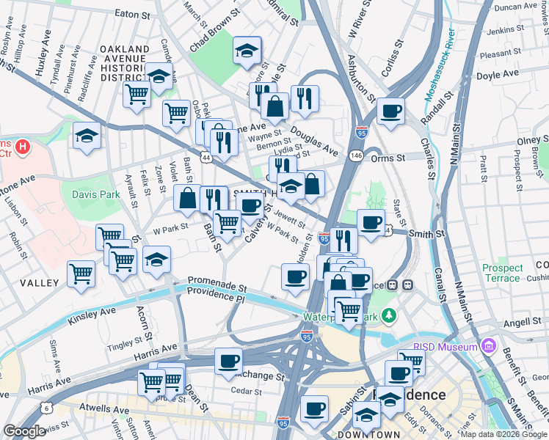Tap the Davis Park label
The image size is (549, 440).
(95, 194)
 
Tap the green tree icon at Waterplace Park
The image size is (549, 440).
(388, 316)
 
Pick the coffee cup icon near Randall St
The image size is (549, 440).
(390, 111)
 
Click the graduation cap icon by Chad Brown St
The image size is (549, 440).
(247, 51)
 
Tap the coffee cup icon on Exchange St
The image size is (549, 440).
(228, 361)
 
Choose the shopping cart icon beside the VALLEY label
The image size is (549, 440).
(81, 274)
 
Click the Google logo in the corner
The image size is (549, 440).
(24, 431)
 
